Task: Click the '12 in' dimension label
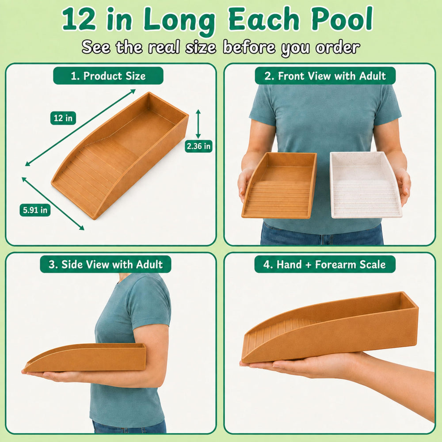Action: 63,118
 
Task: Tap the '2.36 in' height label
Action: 198,146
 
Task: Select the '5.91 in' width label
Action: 35,210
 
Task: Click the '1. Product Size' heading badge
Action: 108,76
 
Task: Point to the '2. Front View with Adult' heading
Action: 325,76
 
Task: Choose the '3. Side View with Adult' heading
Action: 106,264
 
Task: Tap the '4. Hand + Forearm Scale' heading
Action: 325,264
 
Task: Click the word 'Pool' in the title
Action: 342,19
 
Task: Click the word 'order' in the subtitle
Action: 338,47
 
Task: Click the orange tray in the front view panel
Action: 279,185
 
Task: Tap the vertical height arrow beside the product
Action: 198,124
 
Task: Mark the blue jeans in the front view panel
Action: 322,233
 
